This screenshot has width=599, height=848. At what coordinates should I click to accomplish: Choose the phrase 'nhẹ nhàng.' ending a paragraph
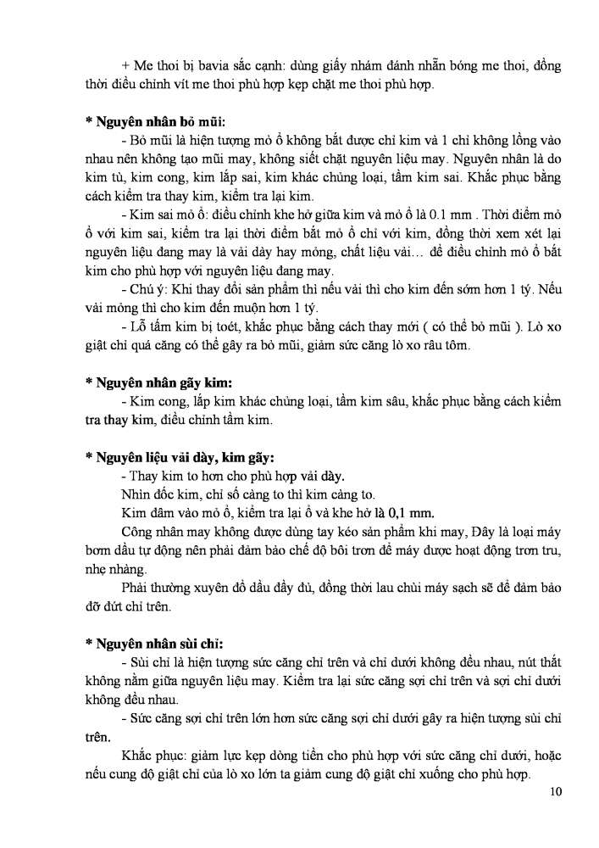coord(115,569)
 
